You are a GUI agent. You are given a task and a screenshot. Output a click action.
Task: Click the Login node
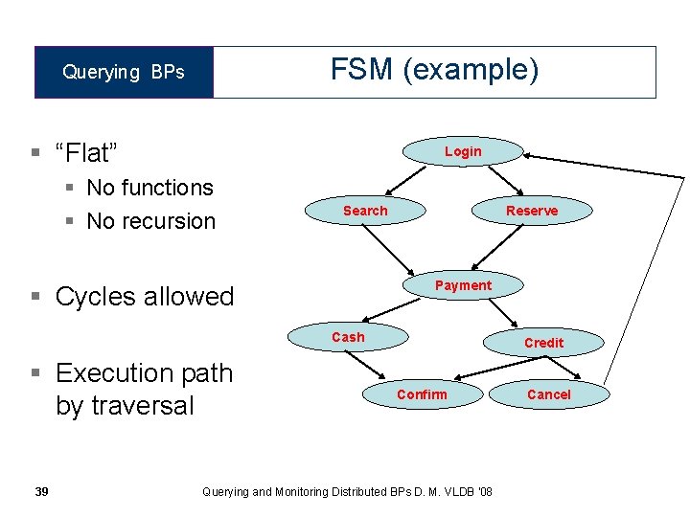(463, 151)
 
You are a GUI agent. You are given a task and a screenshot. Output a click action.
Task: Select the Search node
(365, 211)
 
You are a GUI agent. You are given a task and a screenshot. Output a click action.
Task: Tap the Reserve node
(532, 211)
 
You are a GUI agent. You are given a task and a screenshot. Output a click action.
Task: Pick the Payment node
(463, 285)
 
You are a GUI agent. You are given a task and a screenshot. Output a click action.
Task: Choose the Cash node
(348, 337)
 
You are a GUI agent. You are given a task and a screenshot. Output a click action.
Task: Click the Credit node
(543, 343)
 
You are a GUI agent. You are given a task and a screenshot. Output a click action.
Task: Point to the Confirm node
(422, 394)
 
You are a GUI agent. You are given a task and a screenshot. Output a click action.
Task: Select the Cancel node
(549, 394)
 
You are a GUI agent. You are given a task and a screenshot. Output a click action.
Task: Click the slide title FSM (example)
(434, 70)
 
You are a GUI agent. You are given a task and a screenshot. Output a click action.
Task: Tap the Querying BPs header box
(124, 72)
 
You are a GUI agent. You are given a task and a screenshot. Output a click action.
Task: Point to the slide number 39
(41, 491)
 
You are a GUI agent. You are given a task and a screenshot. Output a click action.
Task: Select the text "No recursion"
(150, 221)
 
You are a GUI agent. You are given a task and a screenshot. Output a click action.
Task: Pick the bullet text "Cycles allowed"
(145, 297)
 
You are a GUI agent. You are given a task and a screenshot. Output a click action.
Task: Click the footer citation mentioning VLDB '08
(348, 491)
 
